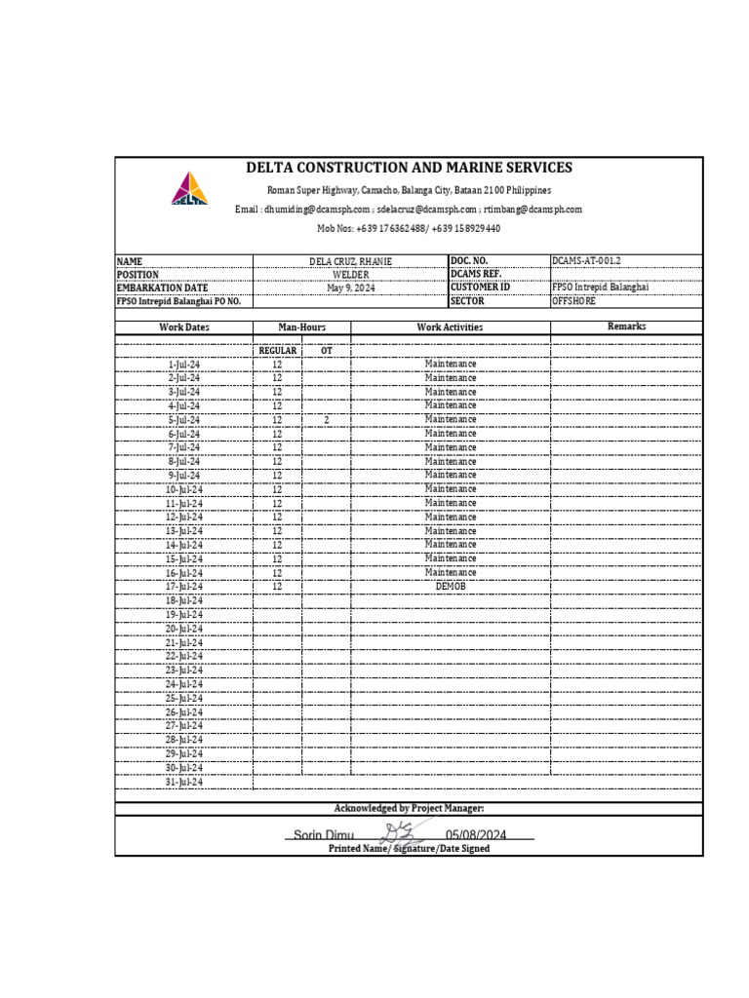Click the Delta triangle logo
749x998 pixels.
pos(190,188)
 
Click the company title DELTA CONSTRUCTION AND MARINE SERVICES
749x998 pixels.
pos(409,168)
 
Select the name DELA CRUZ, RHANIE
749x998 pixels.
pos(350,261)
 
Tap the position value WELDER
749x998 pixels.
pos(350,275)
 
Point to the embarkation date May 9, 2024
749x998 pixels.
pos(350,288)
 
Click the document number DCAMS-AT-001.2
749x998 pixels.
pos(586,261)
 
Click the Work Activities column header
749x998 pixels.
pos(450,327)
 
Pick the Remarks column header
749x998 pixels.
pos(626,326)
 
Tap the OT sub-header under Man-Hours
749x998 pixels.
pos(326,350)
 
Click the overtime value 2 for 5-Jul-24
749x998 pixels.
pos(327,420)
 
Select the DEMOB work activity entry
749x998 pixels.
pos(451,587)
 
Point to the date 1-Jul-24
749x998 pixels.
pos(184,364)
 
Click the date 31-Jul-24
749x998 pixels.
pos(184,782)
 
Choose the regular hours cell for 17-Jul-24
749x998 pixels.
pos(277,587)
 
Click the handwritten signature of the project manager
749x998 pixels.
pos(403,833)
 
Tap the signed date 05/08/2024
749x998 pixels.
pos(477,835)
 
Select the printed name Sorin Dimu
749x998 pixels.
pos(323,835)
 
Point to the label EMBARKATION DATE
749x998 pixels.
pos(163,288)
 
